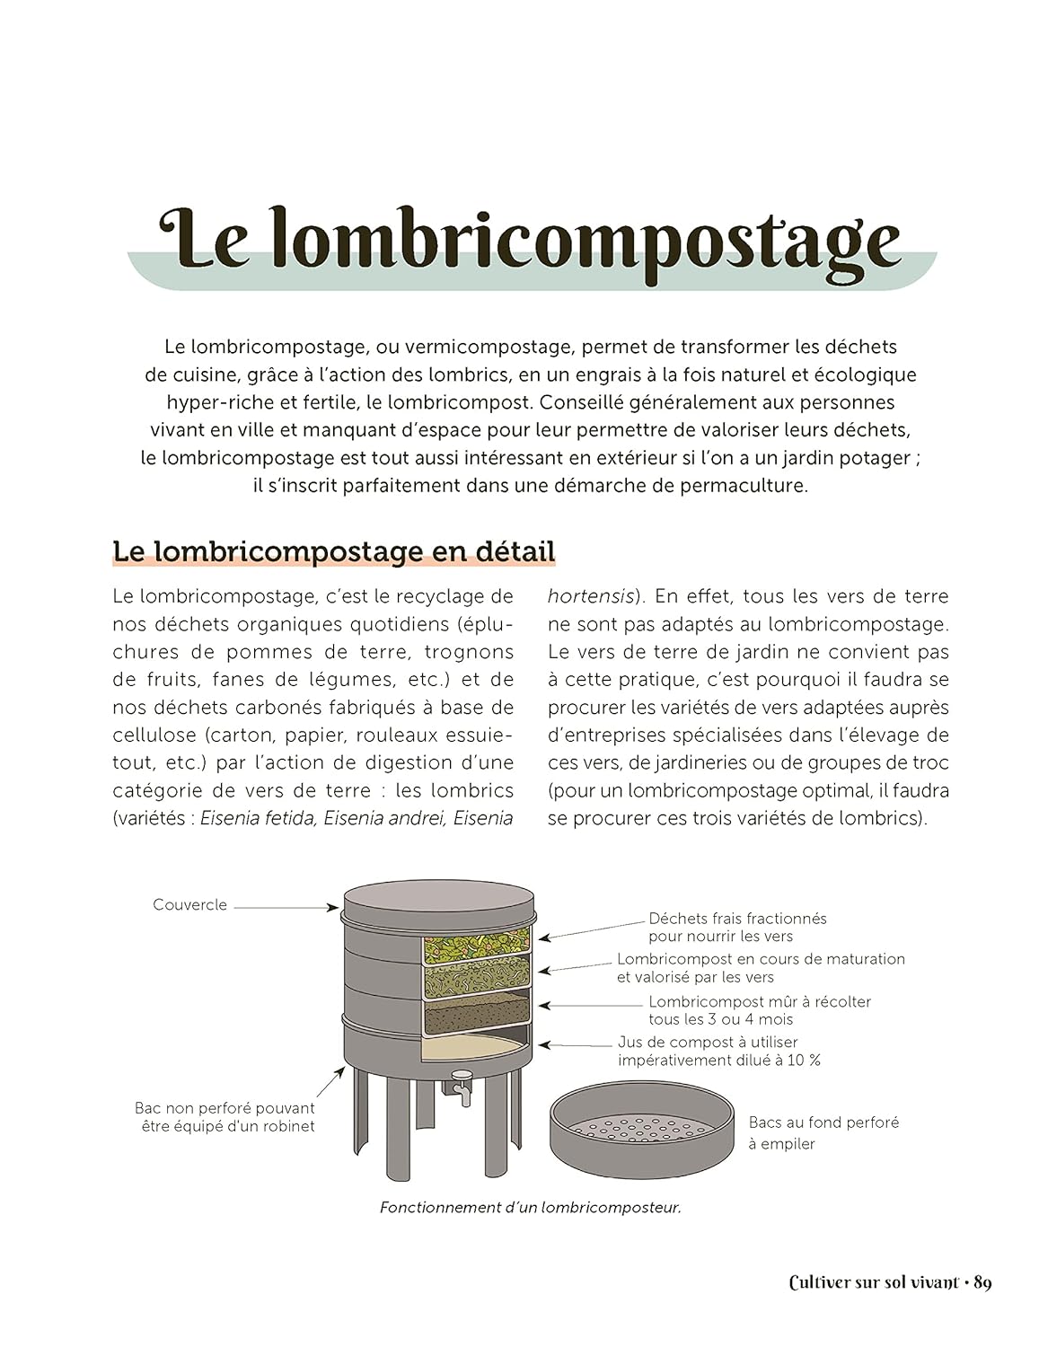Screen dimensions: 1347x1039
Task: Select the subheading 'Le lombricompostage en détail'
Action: coord(334,550)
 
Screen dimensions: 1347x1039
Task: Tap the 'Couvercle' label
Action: coord(189,904)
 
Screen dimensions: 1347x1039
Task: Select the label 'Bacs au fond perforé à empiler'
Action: coord(823,1132)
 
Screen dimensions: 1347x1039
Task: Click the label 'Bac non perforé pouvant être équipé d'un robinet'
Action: coord(225,1117)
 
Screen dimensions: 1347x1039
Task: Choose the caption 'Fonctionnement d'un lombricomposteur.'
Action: coord(530,1208)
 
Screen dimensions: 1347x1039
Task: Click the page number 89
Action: coord(982,1283)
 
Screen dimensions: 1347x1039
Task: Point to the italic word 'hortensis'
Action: coord(592,596)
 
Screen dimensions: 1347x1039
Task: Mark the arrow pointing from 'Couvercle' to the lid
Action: coord(286,907)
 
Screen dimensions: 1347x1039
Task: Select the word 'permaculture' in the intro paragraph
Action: coord(750,486)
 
